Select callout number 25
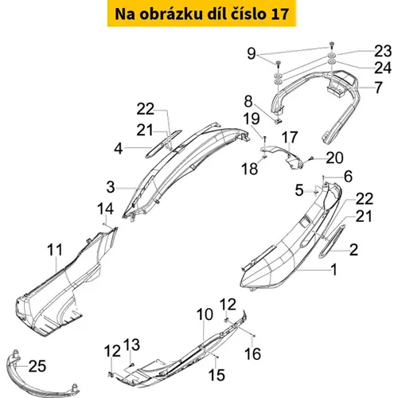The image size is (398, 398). pyautogui.click(x=37, y=366)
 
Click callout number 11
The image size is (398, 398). pyautogui.click(x=55, y=250)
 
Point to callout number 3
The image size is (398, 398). pyautogui.click(x=111, y=187)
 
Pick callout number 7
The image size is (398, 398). pyautogui.click(x=379, y=88)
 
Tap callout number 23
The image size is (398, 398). pyautogui.click(x=383, y=51)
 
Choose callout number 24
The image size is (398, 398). pyautogui.click(x=383, y=68)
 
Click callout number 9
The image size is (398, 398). pyautogui.click(x=252, y=53)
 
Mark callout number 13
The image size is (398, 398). pyautogui.click(x=131, y=345)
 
